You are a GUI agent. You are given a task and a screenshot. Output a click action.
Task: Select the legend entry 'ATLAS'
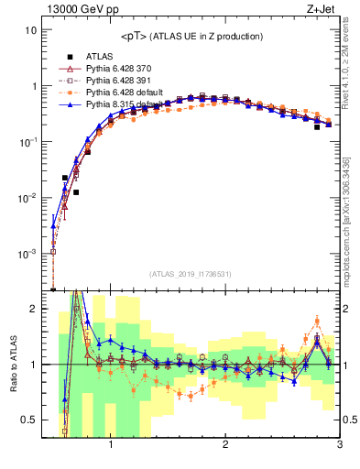coord(99,56)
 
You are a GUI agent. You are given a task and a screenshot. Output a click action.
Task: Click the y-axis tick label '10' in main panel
coord(30,29)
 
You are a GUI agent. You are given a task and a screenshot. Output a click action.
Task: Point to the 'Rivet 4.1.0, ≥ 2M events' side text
coord(353,68)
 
